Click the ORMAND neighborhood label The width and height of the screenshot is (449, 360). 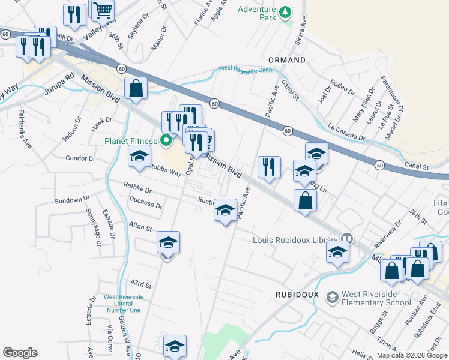pyautogui.click(x=287, y=60)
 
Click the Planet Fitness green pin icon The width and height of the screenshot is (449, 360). pyautogui.click(x=167, y=141)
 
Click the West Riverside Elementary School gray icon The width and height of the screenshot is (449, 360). pyautogui.click(x=332, y=297)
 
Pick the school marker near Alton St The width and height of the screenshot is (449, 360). pyautogui.click(x=169, y=243)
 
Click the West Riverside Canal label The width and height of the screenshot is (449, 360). pyautogui.click(x=246, y=70)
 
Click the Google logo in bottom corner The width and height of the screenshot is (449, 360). pyautogui.click(x=20, y=353)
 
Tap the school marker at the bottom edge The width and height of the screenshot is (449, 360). pyautogui.click(x=175, y=346)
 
